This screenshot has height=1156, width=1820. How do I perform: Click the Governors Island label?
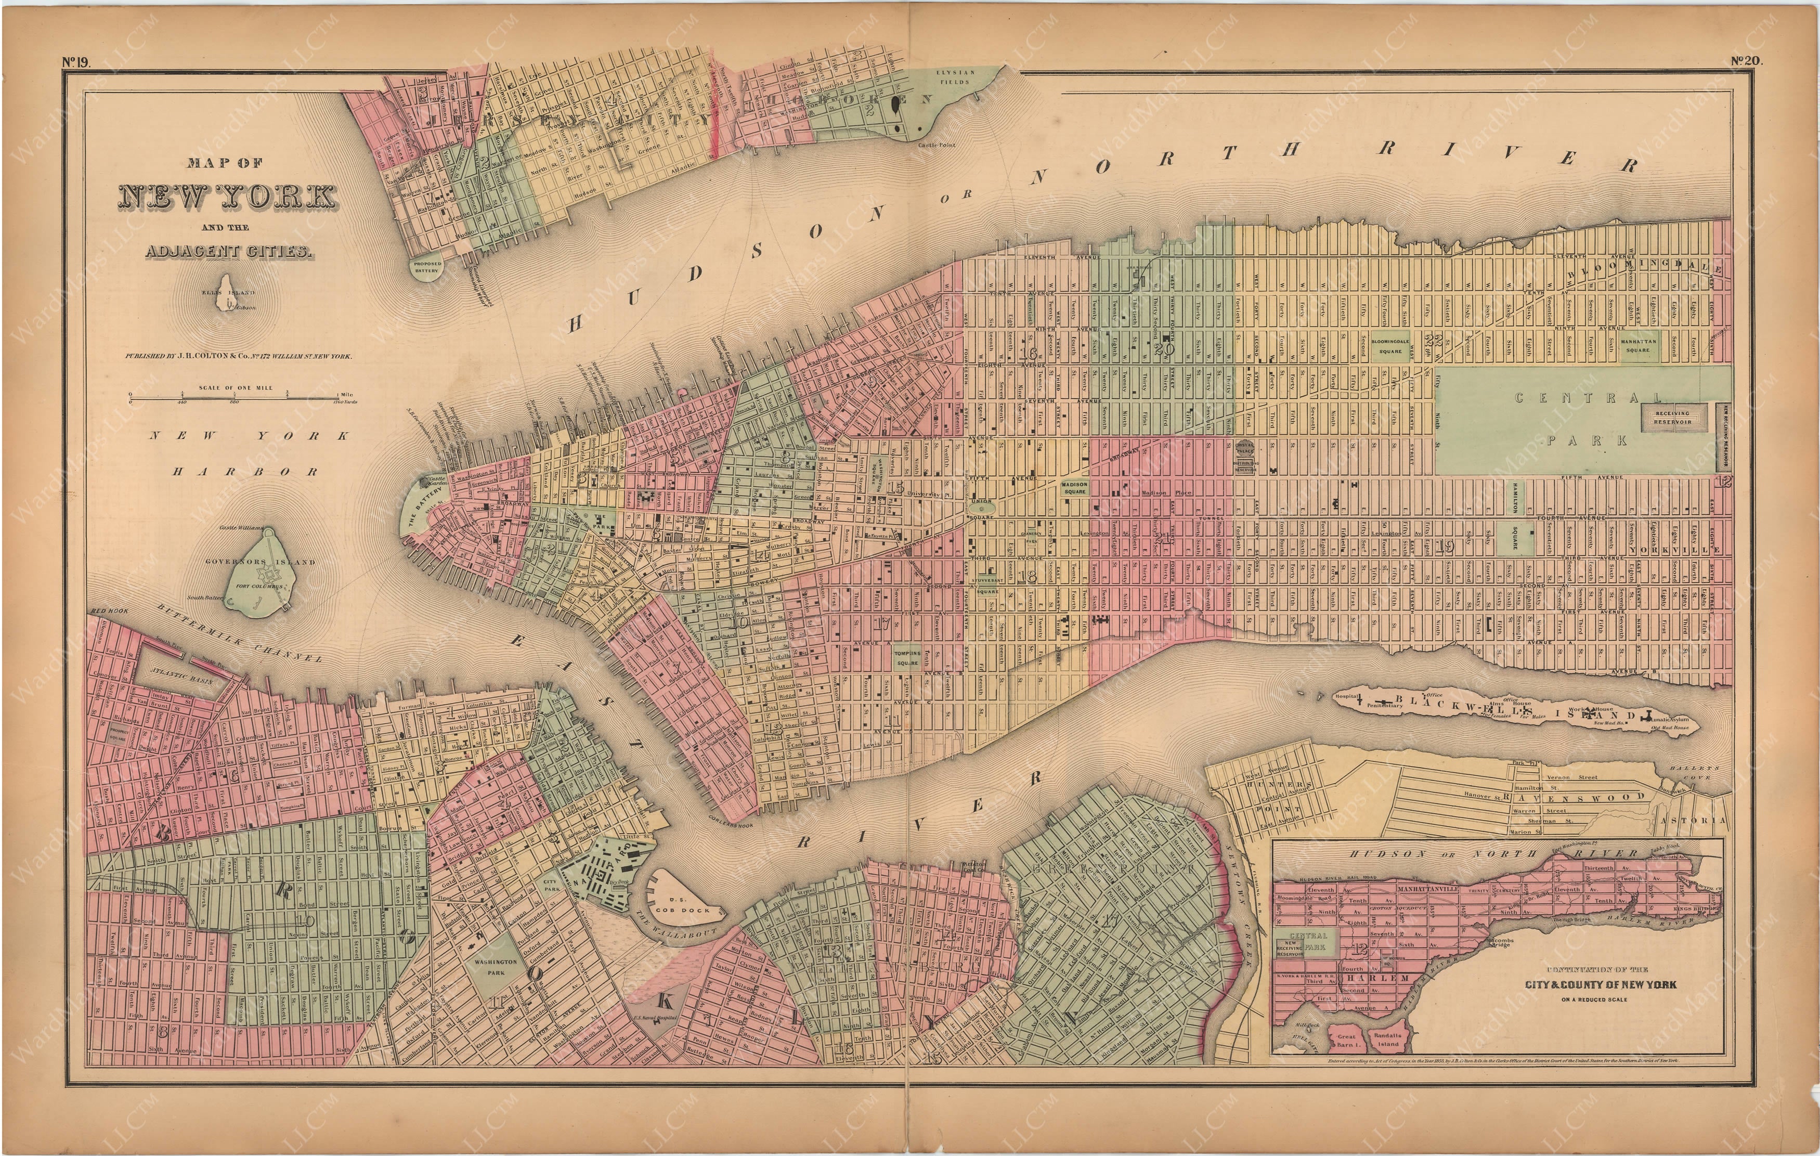(x=260, y=562)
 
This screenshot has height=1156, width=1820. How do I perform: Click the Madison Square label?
(x=1074, y=488)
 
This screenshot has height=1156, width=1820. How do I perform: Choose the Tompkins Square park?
(x=907, y=658)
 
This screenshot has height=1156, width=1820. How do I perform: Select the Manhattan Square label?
(x=1639, y=345)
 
